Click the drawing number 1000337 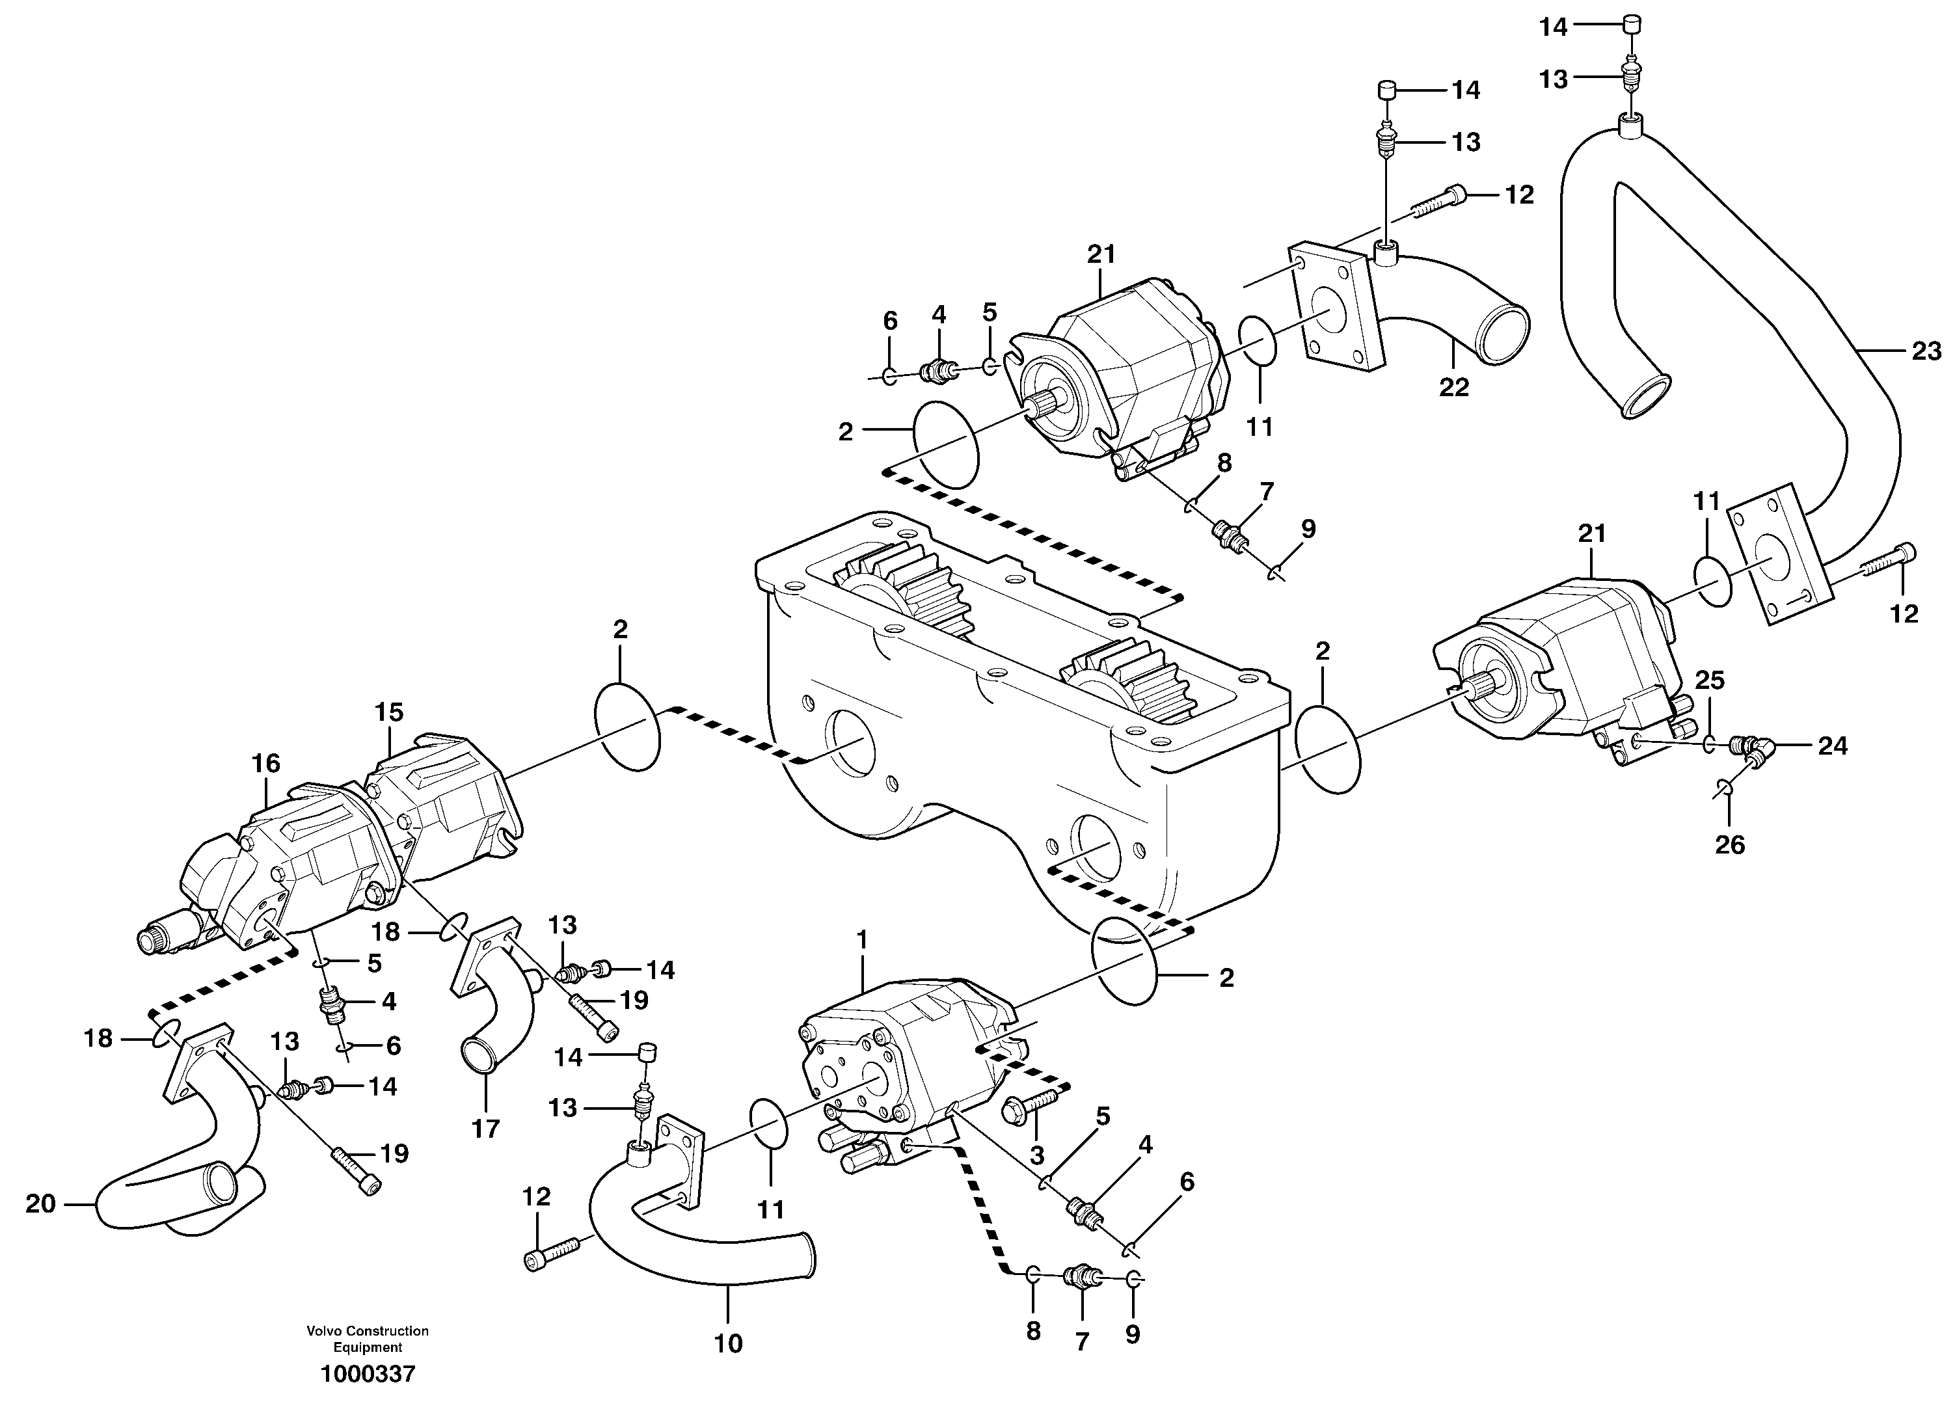click(x=368, y=1374)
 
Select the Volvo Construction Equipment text click(x=368, y=1339)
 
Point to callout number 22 click(x=1453, y=388)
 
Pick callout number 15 click(x=389, y=713)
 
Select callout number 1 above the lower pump click(x=863, y=937)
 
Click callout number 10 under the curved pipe click(x=729, y=1343)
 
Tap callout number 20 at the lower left click(x=40, y=1203)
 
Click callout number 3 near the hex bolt click(x=1037, y=1154)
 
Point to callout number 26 click(x=1729, y=844)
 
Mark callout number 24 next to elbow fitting click(x=1833, y=746)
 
